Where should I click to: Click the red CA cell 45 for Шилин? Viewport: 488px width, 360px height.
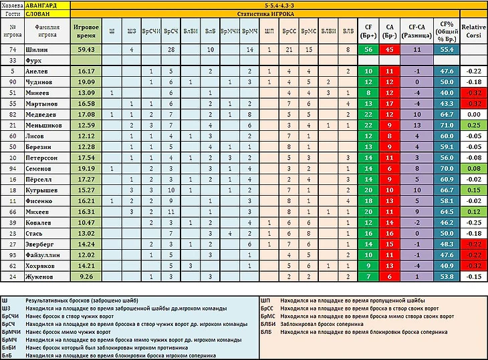pyautogui.click(x=390, y=49)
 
